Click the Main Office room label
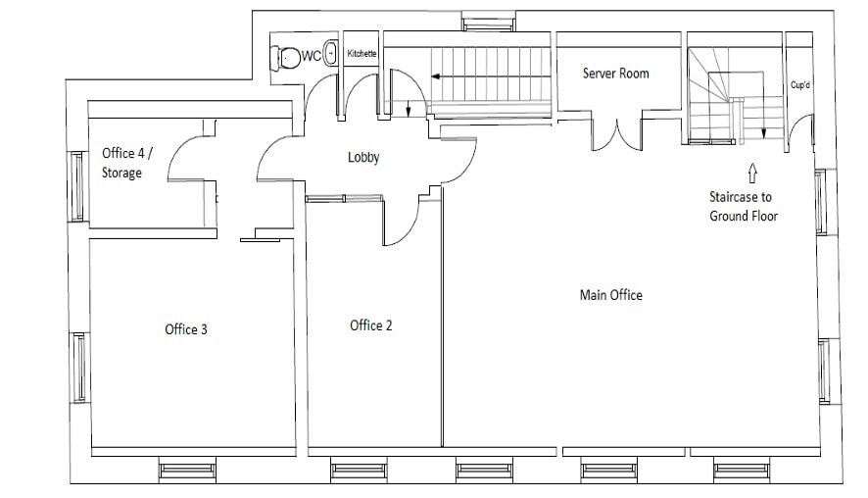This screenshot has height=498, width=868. click(x=610, y=295)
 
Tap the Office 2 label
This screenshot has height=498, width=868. click(x=371, y=325)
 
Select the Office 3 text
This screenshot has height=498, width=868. click(x=186, y=329)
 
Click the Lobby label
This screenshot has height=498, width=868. click(x=363, y=158)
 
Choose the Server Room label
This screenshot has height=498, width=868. click(x=615, y=74)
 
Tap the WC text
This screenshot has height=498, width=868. click(x=311, y=56)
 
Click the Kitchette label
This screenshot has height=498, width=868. click(x=362, y=53)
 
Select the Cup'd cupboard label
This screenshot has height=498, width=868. click(x=800, y=85)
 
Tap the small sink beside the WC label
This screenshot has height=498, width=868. click(x=331, y=54)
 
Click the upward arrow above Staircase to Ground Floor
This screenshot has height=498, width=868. click(x=752, y=174)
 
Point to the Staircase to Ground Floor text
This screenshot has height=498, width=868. click(x=744, y=206)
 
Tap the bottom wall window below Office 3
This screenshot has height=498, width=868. click(x=187, y=472)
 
